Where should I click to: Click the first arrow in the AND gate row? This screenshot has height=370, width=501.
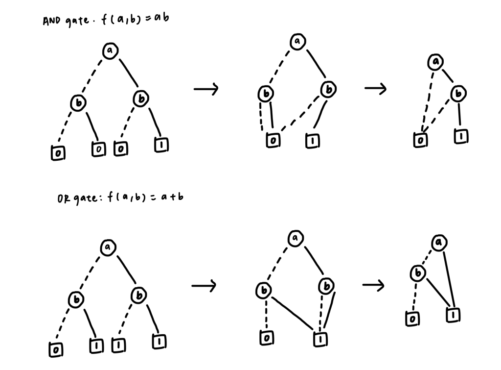coord(206,89)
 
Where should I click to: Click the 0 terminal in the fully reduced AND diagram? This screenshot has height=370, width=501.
coord(420,140)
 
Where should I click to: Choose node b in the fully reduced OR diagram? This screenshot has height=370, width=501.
coord(417,272)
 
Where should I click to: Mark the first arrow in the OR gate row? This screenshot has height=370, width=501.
coord(204,286)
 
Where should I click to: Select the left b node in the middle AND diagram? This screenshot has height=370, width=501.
coord(266,93)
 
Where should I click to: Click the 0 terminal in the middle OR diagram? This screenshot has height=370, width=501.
coord(266,338)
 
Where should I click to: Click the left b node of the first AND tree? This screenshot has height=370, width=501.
coord(78,102)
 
